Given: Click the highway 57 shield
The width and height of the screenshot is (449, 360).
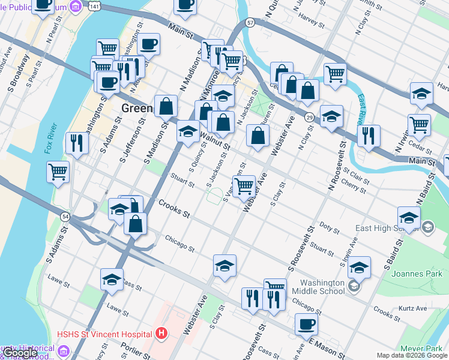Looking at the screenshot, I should pyautogui.click(x=250, y=22).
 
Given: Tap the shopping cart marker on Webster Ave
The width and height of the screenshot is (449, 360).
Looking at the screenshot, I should pyautogui.click(x=243, y=186).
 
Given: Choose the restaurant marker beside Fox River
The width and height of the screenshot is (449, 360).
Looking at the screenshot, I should pyautogui.click(x=77, y=142).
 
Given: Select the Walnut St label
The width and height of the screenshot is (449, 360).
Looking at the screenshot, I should pyautogui.click(x=214, y=142).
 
